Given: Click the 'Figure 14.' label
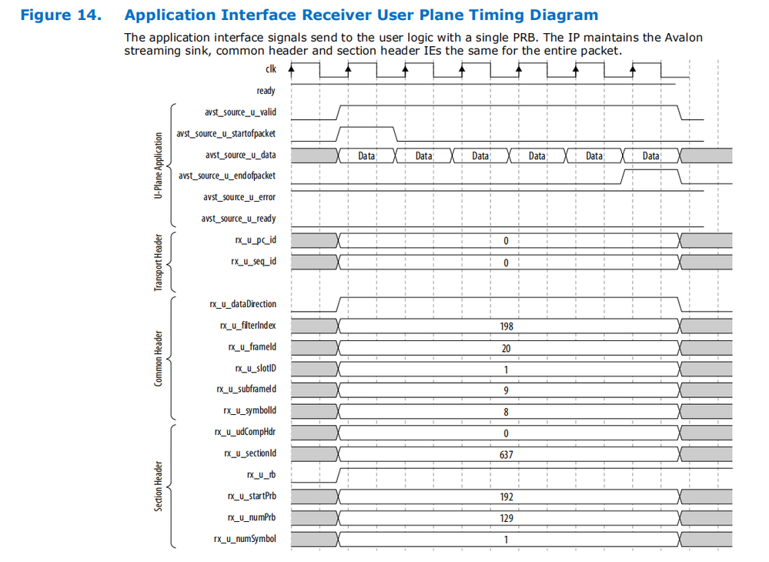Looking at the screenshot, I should point(60,15).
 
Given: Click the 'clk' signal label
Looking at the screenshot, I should point(270,69).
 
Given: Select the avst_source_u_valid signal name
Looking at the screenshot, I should point(240,112).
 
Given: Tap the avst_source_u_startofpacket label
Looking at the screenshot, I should point(226,133).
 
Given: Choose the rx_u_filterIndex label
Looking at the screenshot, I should point(247,326).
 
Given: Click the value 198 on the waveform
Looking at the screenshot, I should point(506,326).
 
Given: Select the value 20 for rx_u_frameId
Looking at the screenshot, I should point(506,348).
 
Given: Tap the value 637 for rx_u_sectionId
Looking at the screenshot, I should point(506,454).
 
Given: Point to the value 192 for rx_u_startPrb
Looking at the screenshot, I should point(506,497).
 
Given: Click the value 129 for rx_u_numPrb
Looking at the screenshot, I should point(506,518).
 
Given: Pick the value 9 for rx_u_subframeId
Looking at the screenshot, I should point(506,390).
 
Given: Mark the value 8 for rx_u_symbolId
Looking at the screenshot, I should point(506,412).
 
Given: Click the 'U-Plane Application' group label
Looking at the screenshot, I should point(159,166).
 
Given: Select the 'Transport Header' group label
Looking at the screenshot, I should point(159,262).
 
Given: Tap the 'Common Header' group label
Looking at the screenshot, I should point(159,359).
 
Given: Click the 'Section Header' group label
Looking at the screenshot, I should point(159,486).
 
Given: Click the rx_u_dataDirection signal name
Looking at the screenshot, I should point(242,304).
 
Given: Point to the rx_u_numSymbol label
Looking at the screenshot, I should point(245,539).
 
